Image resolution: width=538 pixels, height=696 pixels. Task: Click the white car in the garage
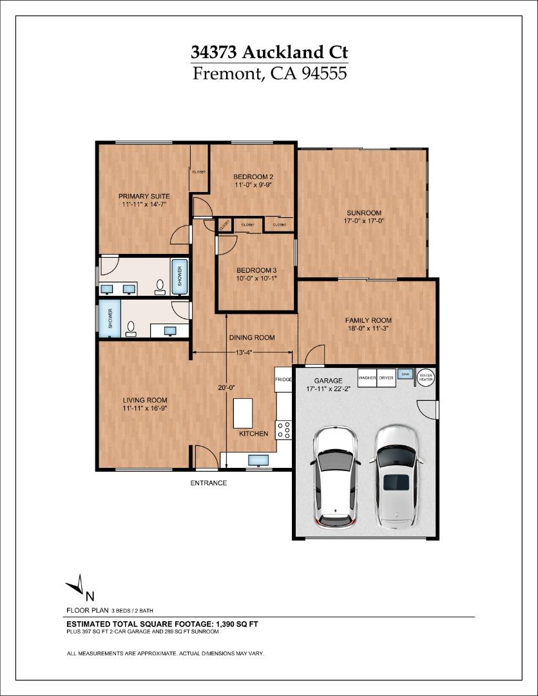click(335, 477)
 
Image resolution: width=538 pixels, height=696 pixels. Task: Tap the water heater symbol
click(426, 377)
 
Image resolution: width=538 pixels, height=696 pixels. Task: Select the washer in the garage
click(367, 378)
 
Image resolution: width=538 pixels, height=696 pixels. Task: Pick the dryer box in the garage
click(386, 378)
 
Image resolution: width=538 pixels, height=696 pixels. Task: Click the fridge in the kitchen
click(283, 380)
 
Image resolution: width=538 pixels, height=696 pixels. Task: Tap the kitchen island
click(242, 413)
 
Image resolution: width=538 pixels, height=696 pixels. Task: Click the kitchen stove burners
click(283, 430)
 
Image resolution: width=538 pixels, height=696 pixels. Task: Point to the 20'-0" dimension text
click(226, 387)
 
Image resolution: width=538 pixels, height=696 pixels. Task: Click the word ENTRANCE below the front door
click(208, 483)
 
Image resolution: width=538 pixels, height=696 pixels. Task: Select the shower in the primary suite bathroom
click(179, 276)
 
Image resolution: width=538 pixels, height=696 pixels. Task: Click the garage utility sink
click(405, 374)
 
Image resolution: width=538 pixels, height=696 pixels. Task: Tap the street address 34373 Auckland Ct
click(269, 52)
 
